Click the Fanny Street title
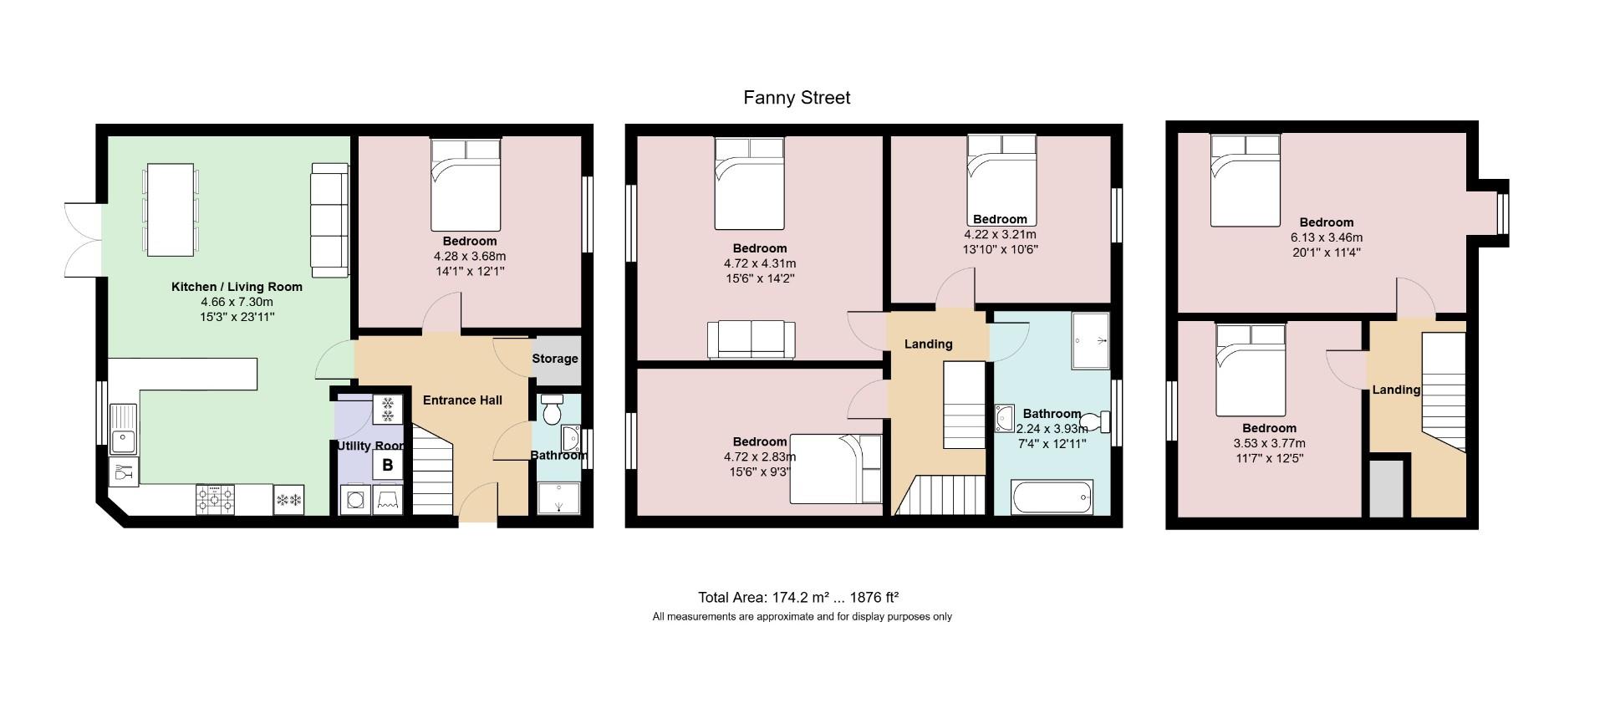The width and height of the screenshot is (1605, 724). pyautogui.click(x=797, y=98)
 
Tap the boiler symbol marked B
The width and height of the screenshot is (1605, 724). pyautogui.click(x=387, y=466)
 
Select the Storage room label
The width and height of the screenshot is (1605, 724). pyautogui.click(x=555, y=359)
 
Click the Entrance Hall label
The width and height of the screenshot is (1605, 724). pyautogui.click(x=462, y=400)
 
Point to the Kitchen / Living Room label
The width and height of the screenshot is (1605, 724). pyautogui.click(x=237, y=287)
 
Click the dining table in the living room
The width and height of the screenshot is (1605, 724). pyautogui.click(x=171, y=210)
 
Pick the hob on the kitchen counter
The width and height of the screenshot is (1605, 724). pyautogui.click(x=216, y=500)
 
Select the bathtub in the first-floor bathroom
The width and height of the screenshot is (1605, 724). pyautogui.click(x=1052, y=497)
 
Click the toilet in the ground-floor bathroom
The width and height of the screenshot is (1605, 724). pyautogui.click(x=552, y=410)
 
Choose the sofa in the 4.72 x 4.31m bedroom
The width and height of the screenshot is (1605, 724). pyautogui.click(x=751, y=339)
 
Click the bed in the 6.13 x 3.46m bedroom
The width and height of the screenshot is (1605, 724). pyautogui.click(x=1246, y=181)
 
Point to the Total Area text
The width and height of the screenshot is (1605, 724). pyautogui.click(x=798, y=598)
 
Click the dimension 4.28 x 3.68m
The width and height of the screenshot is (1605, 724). pyautogui.click(x=470, y=257)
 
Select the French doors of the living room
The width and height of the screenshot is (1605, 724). pyautogui.click(x=84, y=240)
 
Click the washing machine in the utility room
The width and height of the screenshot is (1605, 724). pyautogui.click(x=354, y=500)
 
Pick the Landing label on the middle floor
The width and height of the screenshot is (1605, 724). pyautogui.click(x=928, y=344)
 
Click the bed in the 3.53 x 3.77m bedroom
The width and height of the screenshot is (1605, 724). pyautogui.click(x=1251, y=370)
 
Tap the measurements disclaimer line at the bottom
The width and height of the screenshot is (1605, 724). pyautogui.click(x=802, y=617)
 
